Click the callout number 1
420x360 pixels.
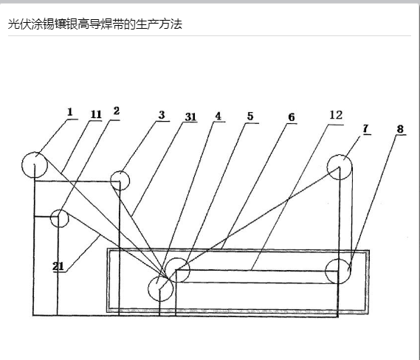70,112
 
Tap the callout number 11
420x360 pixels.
96,114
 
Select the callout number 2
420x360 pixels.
116,111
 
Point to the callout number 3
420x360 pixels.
162,115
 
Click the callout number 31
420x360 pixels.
190,117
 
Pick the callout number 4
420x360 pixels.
218,116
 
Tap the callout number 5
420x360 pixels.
250,116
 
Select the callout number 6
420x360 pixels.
292,117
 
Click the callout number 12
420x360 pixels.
336,115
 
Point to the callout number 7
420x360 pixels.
366,129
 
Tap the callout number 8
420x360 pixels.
400,129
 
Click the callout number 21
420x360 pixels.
58,266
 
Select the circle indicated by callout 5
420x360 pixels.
177,258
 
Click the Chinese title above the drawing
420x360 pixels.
95,24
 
